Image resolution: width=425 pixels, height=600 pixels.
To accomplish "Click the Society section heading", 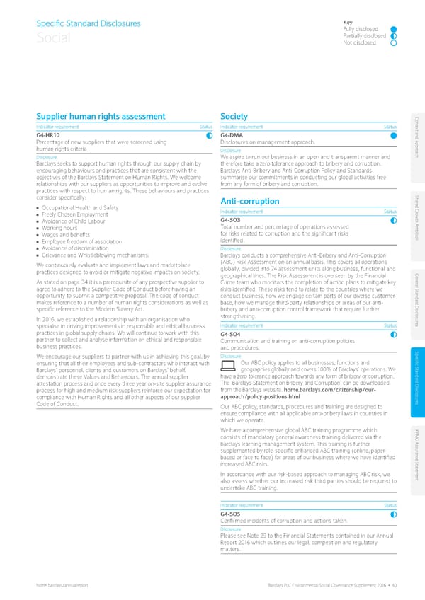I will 234,117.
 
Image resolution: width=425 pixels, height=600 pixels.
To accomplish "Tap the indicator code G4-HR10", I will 47,135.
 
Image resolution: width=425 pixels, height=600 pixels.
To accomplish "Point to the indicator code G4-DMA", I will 232,135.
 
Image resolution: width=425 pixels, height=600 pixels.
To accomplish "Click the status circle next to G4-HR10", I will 210,135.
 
